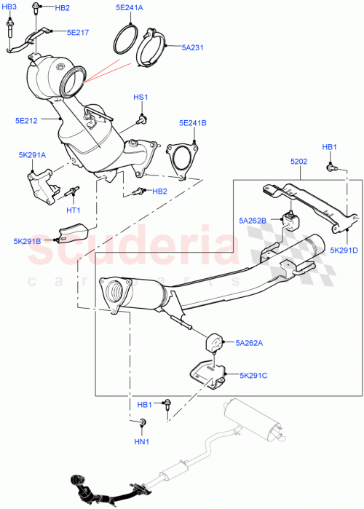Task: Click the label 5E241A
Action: pyautogui.click(x=130, y=8)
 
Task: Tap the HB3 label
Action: pyautogui.click(x=9, y=7)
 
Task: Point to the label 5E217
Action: pyautogui.click(x=78, y=33)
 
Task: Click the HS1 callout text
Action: pyautogui.click(x=140, y=97)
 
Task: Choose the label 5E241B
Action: pyautogui.click(x=193, y=123)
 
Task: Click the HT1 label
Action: pyautogui.click(x=74, y=210)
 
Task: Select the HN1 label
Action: pyautogui.click(x=141, y=441)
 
